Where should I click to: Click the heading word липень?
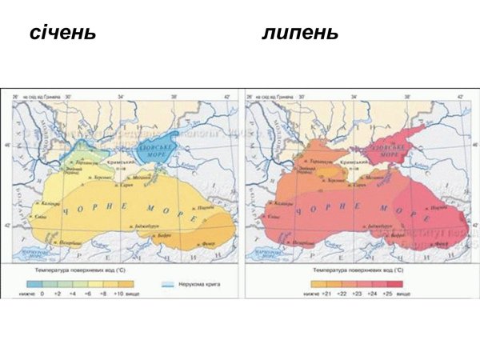tap(300, 34)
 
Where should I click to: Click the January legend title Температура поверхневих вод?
tap(77, 273)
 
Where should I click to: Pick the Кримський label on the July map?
tap(375, 162)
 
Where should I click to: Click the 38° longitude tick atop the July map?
tap(406, 96)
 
